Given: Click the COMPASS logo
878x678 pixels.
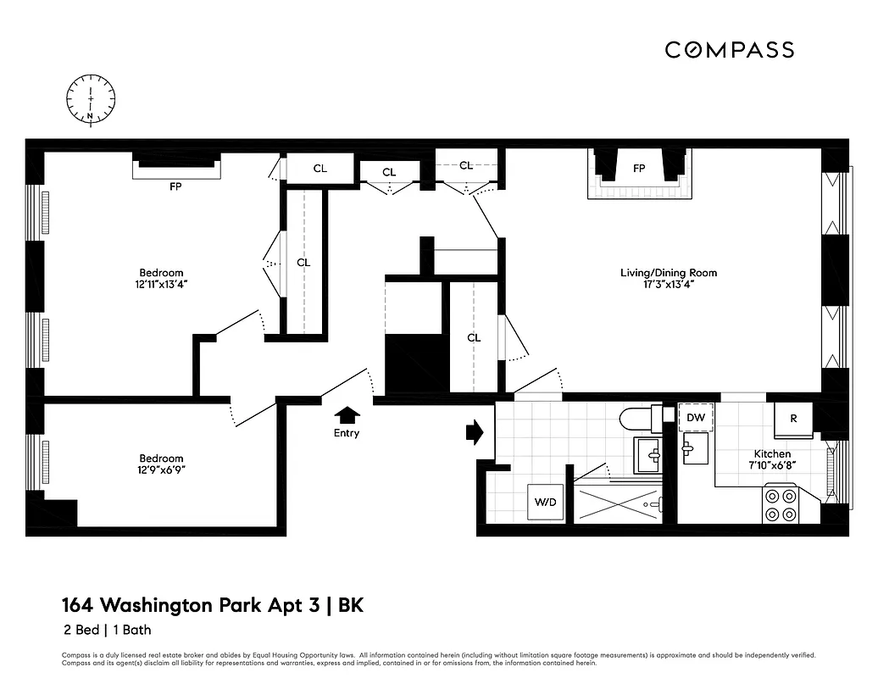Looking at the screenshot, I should [x=729, y=50].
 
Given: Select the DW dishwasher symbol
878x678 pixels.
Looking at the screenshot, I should [x=696, y=418].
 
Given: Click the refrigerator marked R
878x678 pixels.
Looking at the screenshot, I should [x=793, y=419].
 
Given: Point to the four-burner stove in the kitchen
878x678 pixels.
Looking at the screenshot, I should [x=780, y=504].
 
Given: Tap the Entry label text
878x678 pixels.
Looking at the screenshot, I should [x=346, y=433].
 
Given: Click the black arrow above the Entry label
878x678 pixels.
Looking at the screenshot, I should [x=347, y=414].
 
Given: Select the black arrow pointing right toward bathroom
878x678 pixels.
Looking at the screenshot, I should [x=474, y=432].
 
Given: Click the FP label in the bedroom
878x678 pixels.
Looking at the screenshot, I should [x=176, y=186].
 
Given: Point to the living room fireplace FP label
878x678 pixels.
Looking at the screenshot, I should [x=639, y=169].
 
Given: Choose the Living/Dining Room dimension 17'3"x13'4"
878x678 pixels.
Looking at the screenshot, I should [x=669, y=285].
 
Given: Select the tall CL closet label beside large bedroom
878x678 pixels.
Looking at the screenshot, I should [x=303, y=263].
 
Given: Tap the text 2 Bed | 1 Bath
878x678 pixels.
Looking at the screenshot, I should [x=106, y=630].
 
